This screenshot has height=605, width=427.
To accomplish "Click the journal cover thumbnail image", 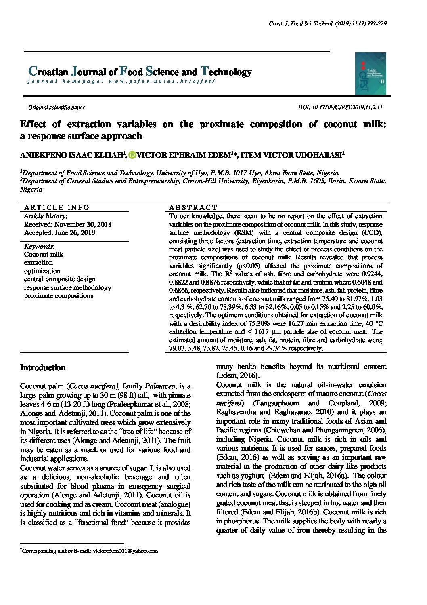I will [x=370, y=74].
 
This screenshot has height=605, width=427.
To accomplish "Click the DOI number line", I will [x=340, y=108].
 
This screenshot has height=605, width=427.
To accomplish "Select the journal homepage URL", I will [x=121, y=81].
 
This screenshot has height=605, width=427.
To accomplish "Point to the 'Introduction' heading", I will [x=43, y=368].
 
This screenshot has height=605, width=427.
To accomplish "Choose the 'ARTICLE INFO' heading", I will [x=57, y=207].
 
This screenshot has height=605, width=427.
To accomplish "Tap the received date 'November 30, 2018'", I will [x=83, y=224].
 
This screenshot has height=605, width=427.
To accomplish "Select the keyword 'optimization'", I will [x=42, y=271].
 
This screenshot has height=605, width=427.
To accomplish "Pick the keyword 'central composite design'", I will [x=60, y=279].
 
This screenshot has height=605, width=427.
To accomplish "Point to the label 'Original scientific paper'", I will [x=56, y=108].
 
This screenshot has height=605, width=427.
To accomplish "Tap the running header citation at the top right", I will [x=328, y=24].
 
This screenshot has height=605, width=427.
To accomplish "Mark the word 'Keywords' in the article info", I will [x=38, y=246].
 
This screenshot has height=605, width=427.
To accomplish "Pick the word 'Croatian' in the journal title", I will [x=48, y=72].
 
